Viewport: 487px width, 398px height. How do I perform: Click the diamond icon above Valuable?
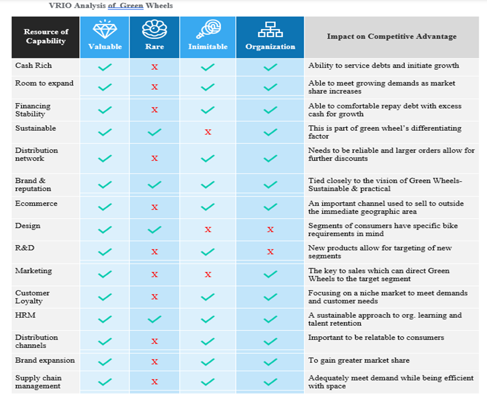pos(105,30)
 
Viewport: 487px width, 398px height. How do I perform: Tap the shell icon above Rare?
pos(155,30)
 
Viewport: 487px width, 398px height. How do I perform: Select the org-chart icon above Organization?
pos(270,30)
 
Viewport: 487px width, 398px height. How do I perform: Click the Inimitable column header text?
pos(208,47)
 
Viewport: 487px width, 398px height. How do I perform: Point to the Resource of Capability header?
pos(46,36)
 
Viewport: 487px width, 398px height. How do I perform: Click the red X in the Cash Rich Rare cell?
pos(155,67)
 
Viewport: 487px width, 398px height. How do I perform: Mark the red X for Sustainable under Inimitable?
pos(208,133)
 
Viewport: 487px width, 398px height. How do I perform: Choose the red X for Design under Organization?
pos(270,230)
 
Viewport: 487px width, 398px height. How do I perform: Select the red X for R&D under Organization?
pos(270,252)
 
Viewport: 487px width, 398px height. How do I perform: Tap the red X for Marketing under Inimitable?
pos(208,274)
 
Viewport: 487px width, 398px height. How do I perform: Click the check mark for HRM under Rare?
pos(155,319)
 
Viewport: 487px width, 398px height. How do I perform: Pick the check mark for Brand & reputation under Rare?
pos(155,185)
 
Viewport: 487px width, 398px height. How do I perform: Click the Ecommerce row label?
pos(36,204)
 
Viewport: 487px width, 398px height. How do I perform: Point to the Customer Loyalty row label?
pos(32,297)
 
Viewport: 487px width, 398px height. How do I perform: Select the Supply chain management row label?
pos(38,382)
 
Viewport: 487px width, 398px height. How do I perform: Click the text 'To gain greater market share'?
pos(359,360)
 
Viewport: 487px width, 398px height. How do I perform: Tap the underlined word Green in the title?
pos(132,6)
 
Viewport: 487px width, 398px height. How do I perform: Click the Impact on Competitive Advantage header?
pos(391,36)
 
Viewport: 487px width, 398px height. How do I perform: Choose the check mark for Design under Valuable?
pos(105,230)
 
